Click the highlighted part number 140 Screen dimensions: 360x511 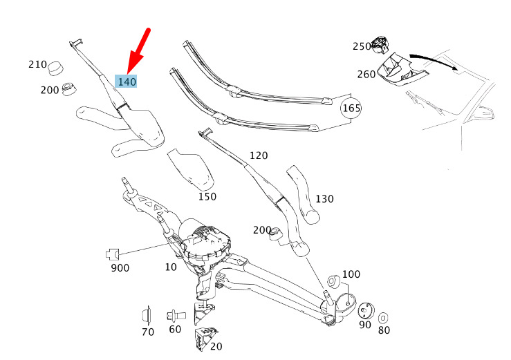point(127,81)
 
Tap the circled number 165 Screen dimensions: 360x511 point(352,108)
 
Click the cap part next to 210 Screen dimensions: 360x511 point(57,68)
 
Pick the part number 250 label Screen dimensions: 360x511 point(362,46)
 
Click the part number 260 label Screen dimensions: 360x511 point(366,74)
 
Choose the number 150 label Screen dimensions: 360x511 point(207,196)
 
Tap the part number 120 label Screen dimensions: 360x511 point(259,155)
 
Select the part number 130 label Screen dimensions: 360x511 point(324,199)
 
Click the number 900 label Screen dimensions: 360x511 point(120,267)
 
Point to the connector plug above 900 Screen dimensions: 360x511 point(113,254)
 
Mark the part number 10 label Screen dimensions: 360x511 point(171,267)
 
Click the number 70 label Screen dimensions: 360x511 point(148,332)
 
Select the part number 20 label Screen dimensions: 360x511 point(216,346)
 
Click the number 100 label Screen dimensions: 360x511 point(351,274)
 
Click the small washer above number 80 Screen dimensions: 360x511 point(384,317)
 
